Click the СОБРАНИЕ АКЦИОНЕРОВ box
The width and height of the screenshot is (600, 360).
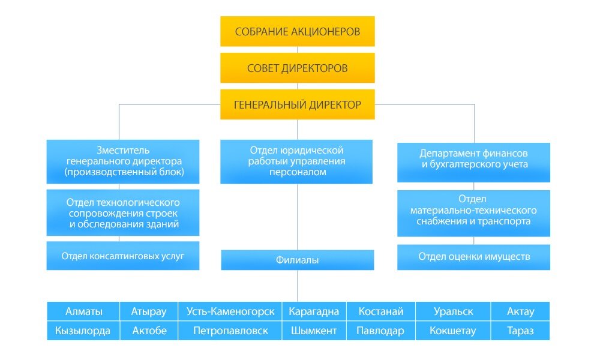click(x=297, y=32)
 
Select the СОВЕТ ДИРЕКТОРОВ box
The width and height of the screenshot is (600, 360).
click(x=297, y=68)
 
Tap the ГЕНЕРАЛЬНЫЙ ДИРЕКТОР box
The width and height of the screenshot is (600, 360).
click(x=297, y=104)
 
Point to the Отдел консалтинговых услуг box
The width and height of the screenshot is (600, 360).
click(x=122, y=256)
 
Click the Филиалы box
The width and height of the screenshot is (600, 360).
click(x=297, y=260)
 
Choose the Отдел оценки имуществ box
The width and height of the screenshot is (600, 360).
click(x=473, y=257)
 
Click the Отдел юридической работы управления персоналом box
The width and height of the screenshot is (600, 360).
click(x=296, y=161)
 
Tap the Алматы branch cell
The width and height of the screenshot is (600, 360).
click(x=83, y=311)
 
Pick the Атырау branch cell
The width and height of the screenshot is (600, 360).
click(x=149, y=311)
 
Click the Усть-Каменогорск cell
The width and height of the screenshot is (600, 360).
click(x=230, y=311)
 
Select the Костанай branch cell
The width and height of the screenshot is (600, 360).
click(x=381, y=311)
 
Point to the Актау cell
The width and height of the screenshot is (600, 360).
click(x=520, y=311)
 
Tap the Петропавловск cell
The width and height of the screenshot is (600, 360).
click(x=230, y=331)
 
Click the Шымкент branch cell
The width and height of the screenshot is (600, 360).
click(x=314, y=331)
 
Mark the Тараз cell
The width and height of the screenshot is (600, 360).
click(x=520, y=331)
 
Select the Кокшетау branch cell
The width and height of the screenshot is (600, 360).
click(x=453, y=331)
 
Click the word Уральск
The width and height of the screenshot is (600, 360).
click(x=453, y=311)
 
